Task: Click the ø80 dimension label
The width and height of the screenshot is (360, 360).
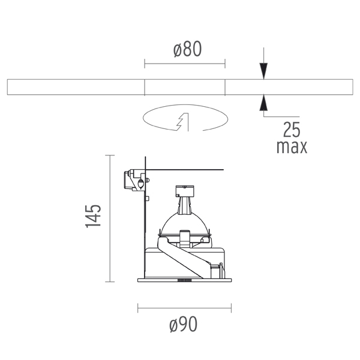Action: point(188,49)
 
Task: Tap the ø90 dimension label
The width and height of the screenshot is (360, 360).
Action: point(184,324)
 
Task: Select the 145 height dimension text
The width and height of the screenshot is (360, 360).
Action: point(93,216)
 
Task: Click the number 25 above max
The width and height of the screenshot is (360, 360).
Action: point(292,130)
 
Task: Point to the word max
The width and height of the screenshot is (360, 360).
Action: point(292,147)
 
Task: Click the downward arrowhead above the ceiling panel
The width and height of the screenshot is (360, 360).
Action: point(263,71)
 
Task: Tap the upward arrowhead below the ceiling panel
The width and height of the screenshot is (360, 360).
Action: point(263,103)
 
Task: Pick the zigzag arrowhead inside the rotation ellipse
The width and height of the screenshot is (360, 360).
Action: point(182,122)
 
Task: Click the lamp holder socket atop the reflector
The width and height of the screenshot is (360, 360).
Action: point(185,199)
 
